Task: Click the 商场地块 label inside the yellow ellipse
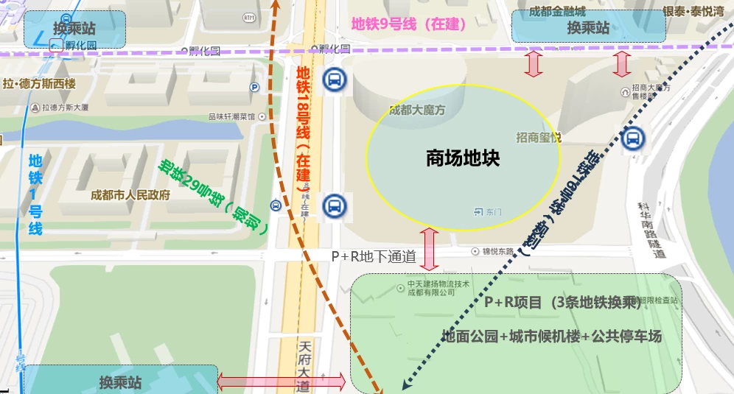point(463,158)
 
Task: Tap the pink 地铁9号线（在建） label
point(409,24)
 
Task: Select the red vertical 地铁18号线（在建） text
point(303,129)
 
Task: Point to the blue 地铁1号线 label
point(35,194)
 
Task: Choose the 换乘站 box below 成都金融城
point(588,28)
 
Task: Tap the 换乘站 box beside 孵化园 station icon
point(74,29)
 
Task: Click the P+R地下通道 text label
point(374,257)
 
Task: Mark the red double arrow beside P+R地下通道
point(430,249)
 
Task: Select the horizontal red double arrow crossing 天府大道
point(281,381)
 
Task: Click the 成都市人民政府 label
point(130,196)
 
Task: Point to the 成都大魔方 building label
point(417,110)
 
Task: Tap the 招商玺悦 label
point(539,137)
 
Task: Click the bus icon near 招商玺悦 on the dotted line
point(633,138)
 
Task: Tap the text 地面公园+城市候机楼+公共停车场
point(551,337)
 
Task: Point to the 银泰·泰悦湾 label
point(693,11)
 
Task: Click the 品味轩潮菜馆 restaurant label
point(231,116)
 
